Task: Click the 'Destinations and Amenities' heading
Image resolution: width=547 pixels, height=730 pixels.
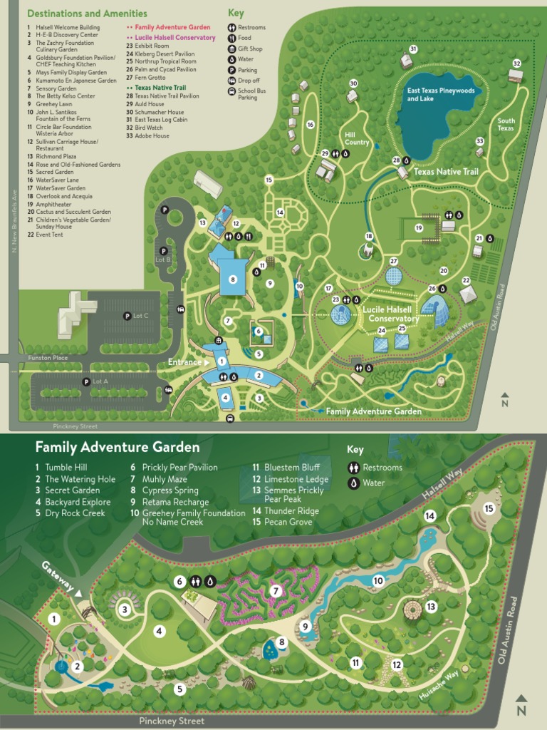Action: (87, 14)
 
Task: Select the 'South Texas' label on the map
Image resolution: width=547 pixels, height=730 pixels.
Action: (506, 124)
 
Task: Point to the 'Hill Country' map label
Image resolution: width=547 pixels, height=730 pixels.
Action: (357, 138)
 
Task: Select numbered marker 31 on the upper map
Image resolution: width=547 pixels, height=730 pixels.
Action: (413, 48)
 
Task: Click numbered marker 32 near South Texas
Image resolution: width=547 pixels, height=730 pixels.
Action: (517, 63)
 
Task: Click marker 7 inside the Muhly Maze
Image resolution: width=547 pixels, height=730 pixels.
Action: (276, 590)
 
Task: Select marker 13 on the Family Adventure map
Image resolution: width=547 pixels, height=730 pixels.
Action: (431, 607)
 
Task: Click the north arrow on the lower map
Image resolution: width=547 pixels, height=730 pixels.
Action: (521, 706)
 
